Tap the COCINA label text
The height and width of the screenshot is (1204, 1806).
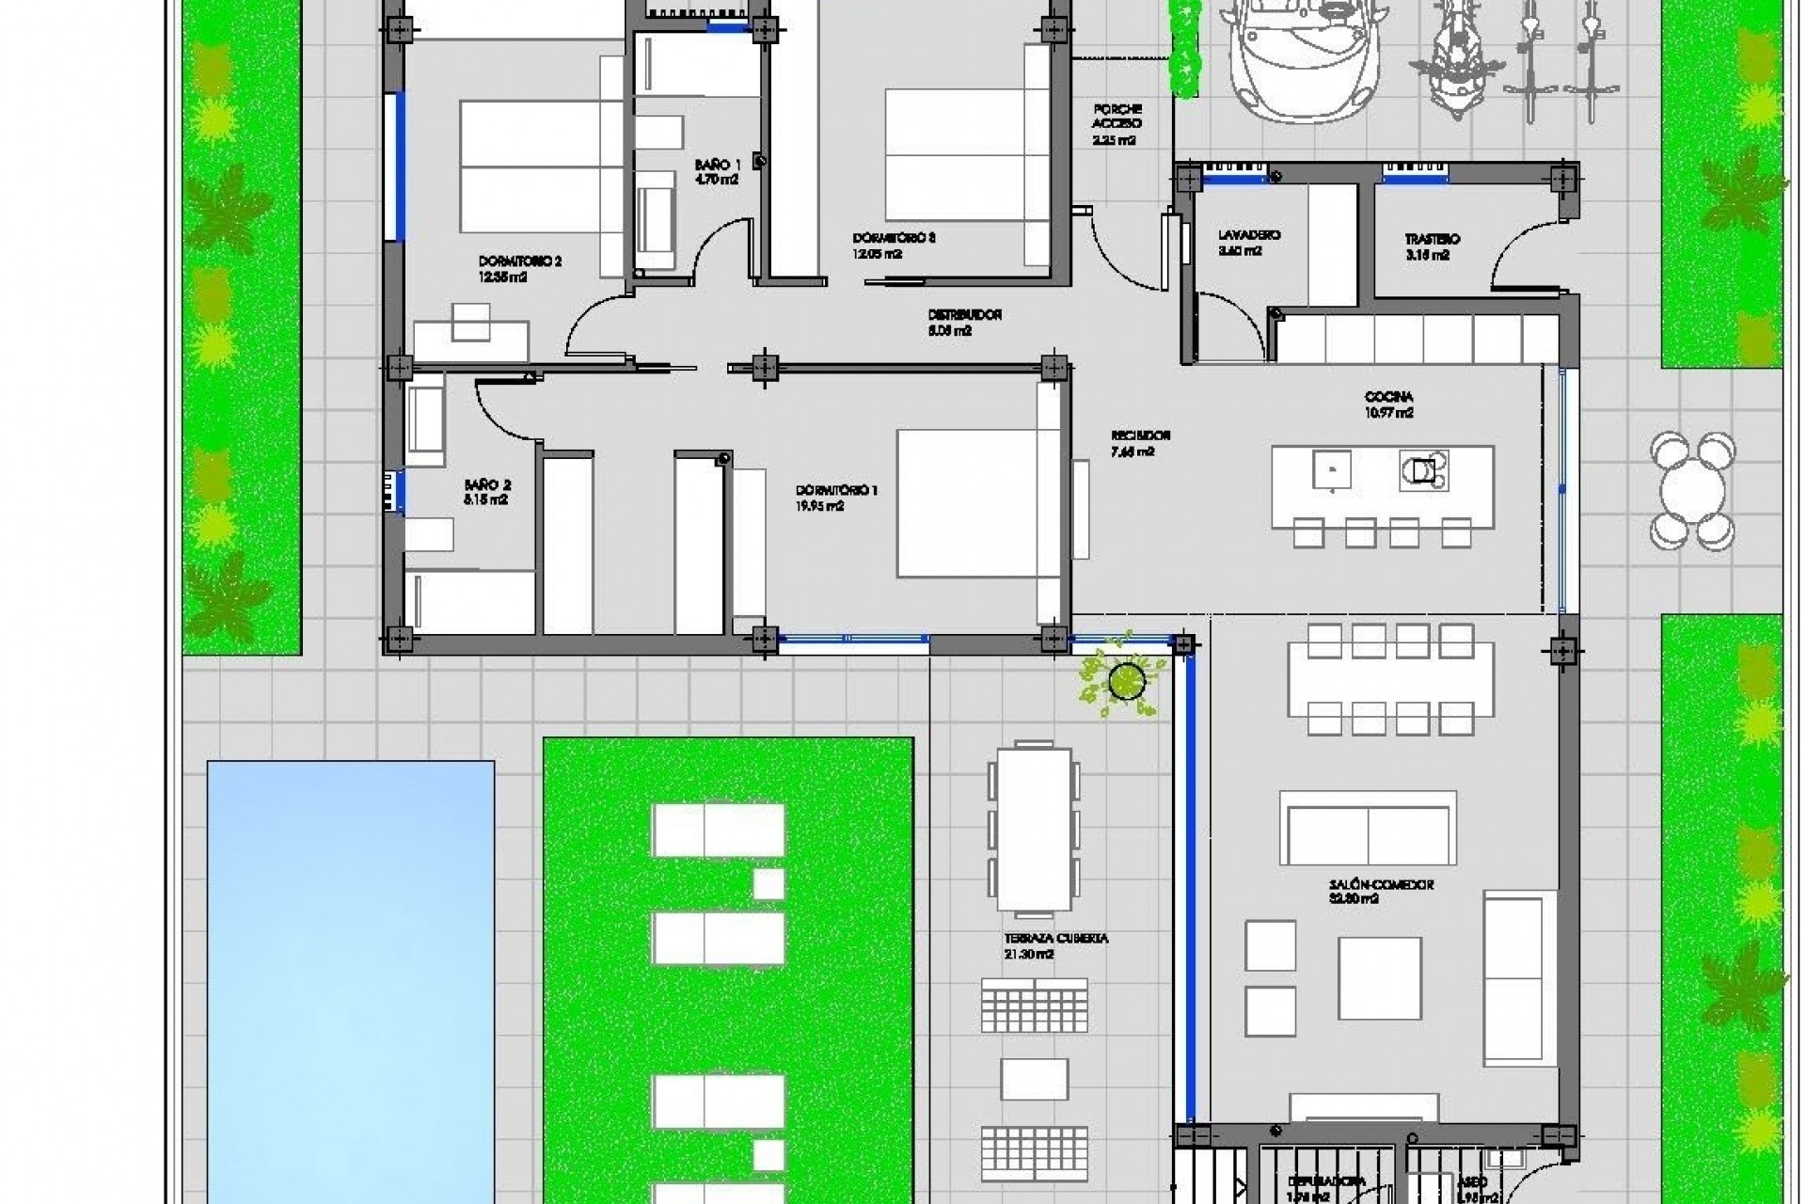click(1388, 398)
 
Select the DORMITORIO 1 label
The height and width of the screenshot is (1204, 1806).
click(836, 491)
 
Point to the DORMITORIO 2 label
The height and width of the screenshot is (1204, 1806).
click(519, 261)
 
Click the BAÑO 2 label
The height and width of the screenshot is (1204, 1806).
click(487, 485)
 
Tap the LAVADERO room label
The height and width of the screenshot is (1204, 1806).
click(1249, 235)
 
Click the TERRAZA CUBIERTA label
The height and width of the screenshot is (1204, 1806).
click(1055, 939)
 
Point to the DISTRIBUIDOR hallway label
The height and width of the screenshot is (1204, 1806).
click(964, 315)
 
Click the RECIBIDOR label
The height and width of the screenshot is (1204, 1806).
click(1140, 436)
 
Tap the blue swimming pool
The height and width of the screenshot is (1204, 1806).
click(350, 978)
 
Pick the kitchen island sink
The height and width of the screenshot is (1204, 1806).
click(1332, 467)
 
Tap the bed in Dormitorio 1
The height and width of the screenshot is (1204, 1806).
click(967, 503)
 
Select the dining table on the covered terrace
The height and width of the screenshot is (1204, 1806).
click(1034, 829)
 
